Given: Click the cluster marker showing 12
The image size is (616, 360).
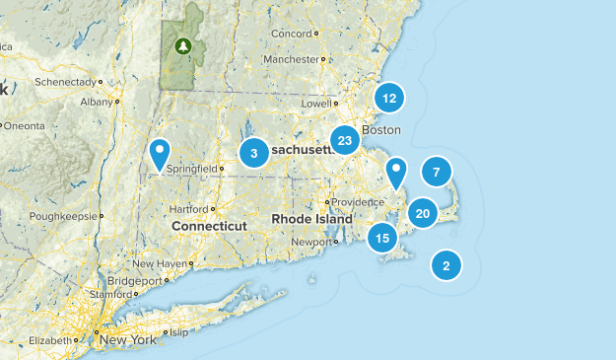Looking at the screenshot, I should (x=390, y=98).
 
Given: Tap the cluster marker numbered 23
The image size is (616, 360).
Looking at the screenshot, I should (x=345, y=140).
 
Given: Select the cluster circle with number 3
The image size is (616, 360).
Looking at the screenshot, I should (x=254, y=153).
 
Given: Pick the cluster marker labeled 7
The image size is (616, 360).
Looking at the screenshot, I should (x=436, y=172).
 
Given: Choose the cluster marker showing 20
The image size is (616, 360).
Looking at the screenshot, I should (x=423, y=212).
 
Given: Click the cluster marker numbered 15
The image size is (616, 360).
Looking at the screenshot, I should (x=382, y=237).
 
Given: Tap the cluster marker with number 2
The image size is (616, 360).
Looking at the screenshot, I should (x=446, y=264).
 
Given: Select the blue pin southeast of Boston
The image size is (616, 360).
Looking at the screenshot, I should (x=395, y=173).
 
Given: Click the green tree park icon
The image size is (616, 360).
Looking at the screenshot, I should (x=182, y=45).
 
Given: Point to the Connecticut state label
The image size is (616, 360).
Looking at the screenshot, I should (x=209, y=226).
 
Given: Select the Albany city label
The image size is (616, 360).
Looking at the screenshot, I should (x=98, y=102).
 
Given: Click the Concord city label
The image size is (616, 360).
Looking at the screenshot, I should (x=291, y=34).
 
